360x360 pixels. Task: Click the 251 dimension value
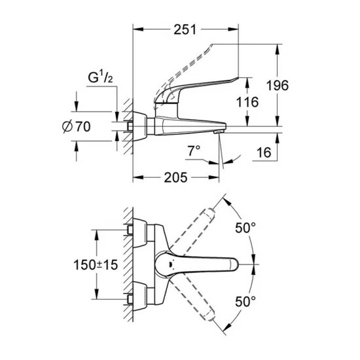pos(185,29)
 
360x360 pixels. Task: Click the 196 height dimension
pos(278,85)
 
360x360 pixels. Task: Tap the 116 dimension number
pos(247,102)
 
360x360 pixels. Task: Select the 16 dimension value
pos(264,153)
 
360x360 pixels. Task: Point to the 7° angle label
pos(194,151)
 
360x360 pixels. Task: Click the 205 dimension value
pos(175,177)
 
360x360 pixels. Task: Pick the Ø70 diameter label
pos(77,126)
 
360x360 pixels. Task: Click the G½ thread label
pos(100,77)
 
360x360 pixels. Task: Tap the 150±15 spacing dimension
pos(96,264)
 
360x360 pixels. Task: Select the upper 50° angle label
pos(245,228)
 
